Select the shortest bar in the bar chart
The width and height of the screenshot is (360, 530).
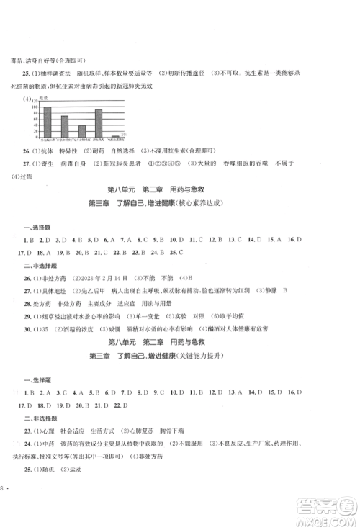pyautogui.click(x=115, y=135)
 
